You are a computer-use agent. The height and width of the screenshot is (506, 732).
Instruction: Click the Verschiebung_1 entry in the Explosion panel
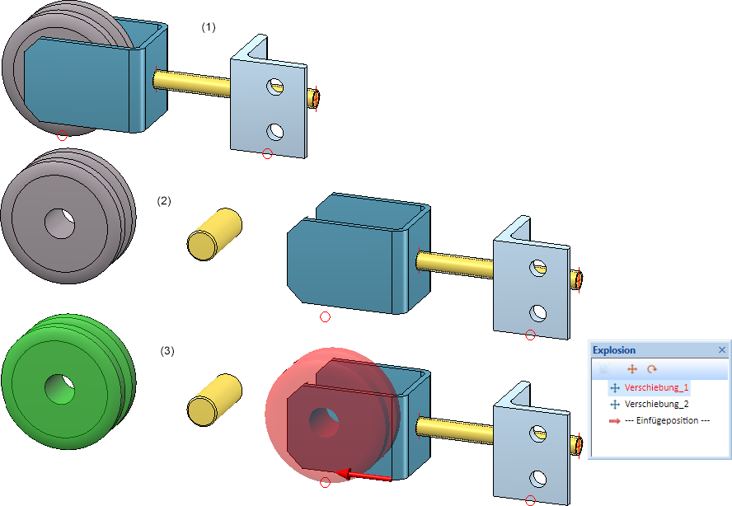pyautogui.click(x=656, y=387)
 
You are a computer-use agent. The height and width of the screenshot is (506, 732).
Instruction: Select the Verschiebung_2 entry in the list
pyautogui.click(x=656, y=404)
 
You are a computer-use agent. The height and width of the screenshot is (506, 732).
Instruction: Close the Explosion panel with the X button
pyautogui.click(x=722, y=350)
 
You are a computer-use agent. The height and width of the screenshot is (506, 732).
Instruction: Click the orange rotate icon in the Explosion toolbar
pyautogui.click(x=652, y=370)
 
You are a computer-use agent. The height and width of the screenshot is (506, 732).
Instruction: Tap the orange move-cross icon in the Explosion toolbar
pyautogui.click(x=632, y=370)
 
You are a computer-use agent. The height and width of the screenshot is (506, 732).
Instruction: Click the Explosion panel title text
pyautogui.click(x=614, y=350)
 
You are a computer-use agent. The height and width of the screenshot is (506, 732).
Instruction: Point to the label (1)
pyautogui.click(x=209, y=27)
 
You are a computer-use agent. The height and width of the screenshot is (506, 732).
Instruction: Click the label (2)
pyautogui.click(x=164, y=201)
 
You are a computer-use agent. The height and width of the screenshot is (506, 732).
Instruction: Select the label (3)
pyautogui.click(x=167, y=351)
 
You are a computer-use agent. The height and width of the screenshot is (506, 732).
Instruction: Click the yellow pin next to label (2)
pyautogui.click(x=213, y=235)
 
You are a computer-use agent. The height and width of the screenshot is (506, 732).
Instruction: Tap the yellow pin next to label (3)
pyautogui.click(x=213, y=399)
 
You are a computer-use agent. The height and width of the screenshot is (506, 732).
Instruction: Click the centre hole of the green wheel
pyautogui.click(x=59, y=387)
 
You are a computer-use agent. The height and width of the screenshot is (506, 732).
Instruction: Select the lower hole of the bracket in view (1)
pyautogui.click(x=275, y=130)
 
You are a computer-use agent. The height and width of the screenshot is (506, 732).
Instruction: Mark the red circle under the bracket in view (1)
pyautogui.click(x=266, y=153)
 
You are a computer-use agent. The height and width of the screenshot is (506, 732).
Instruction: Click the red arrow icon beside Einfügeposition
pyautogui.click(x=614, y=420)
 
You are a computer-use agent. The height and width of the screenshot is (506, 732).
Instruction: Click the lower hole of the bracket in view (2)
pyautogui.click(x=538, y=312)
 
